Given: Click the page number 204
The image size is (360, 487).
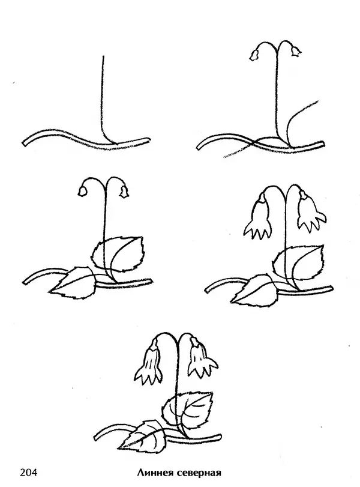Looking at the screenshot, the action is [x=28, y=473].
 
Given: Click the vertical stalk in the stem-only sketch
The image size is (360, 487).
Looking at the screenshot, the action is [x=103, y=100].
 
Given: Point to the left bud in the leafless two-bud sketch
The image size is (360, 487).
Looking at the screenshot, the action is [x=254, y=55].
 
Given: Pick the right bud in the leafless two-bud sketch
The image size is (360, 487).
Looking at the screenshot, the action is [x=296, y=51].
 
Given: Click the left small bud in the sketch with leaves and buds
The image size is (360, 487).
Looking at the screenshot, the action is [x=82, y=192].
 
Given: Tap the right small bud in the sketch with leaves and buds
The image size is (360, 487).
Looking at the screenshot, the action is [x=124, y=192].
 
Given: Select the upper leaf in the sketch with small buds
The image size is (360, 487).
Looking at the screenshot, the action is [x=118, y=254].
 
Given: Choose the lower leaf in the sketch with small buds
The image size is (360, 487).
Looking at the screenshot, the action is [x=73, y=283].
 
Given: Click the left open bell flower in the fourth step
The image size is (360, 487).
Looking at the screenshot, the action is [x=258, y=217].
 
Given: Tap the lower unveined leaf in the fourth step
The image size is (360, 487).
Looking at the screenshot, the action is [x=254, y=290].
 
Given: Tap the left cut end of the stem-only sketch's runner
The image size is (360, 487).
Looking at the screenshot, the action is [x=24, y=143].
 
